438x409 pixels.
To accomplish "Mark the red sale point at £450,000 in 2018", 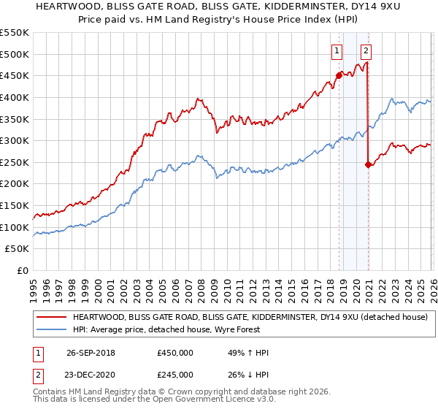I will click(339, 74).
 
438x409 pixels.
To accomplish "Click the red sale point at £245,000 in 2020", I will click(368, 164).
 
